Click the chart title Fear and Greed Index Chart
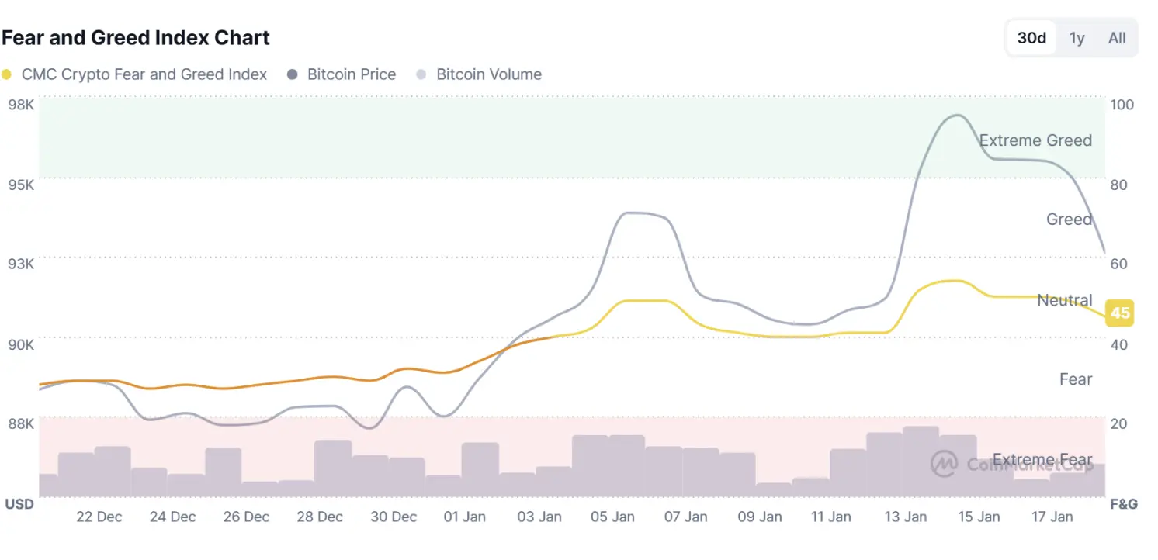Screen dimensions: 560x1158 pos(136,37)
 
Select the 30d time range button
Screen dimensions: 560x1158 pos(1031,38)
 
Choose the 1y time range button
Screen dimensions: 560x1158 pos(1077,38)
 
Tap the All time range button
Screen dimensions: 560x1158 pos(1117,38)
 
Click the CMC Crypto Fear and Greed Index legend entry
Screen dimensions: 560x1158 pos(135,74)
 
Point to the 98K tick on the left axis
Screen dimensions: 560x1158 pos(20,105)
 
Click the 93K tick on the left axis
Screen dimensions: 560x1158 pos(20,264)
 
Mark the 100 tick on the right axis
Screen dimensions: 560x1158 pos(1122,105)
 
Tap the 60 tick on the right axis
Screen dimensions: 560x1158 pos(1118,264)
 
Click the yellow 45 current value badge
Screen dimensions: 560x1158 pos(1119,313)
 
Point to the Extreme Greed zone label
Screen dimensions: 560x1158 pos(1035,140)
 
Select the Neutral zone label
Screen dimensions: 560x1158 pos(1064,300)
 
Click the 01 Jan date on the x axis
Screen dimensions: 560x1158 pos(463,517)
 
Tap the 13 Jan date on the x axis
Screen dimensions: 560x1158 pos(906,517)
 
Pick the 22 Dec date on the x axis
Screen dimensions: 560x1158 pos(99,517)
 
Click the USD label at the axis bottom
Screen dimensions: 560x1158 pos(19,504)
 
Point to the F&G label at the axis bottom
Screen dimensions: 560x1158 pos(1123,504)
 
